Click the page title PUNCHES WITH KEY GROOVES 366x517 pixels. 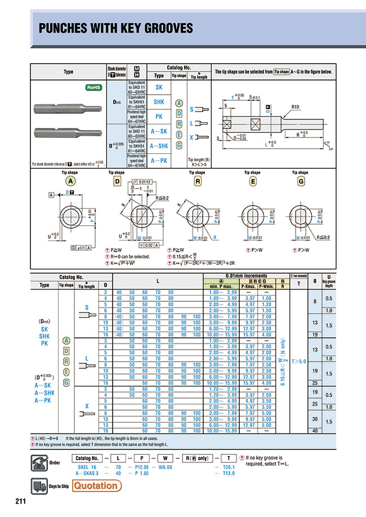pos(115,28)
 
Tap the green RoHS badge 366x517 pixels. pos(93,88)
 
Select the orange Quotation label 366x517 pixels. pos(96,485)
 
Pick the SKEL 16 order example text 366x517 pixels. pos(86,467)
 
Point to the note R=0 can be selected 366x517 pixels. pos(131,256)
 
